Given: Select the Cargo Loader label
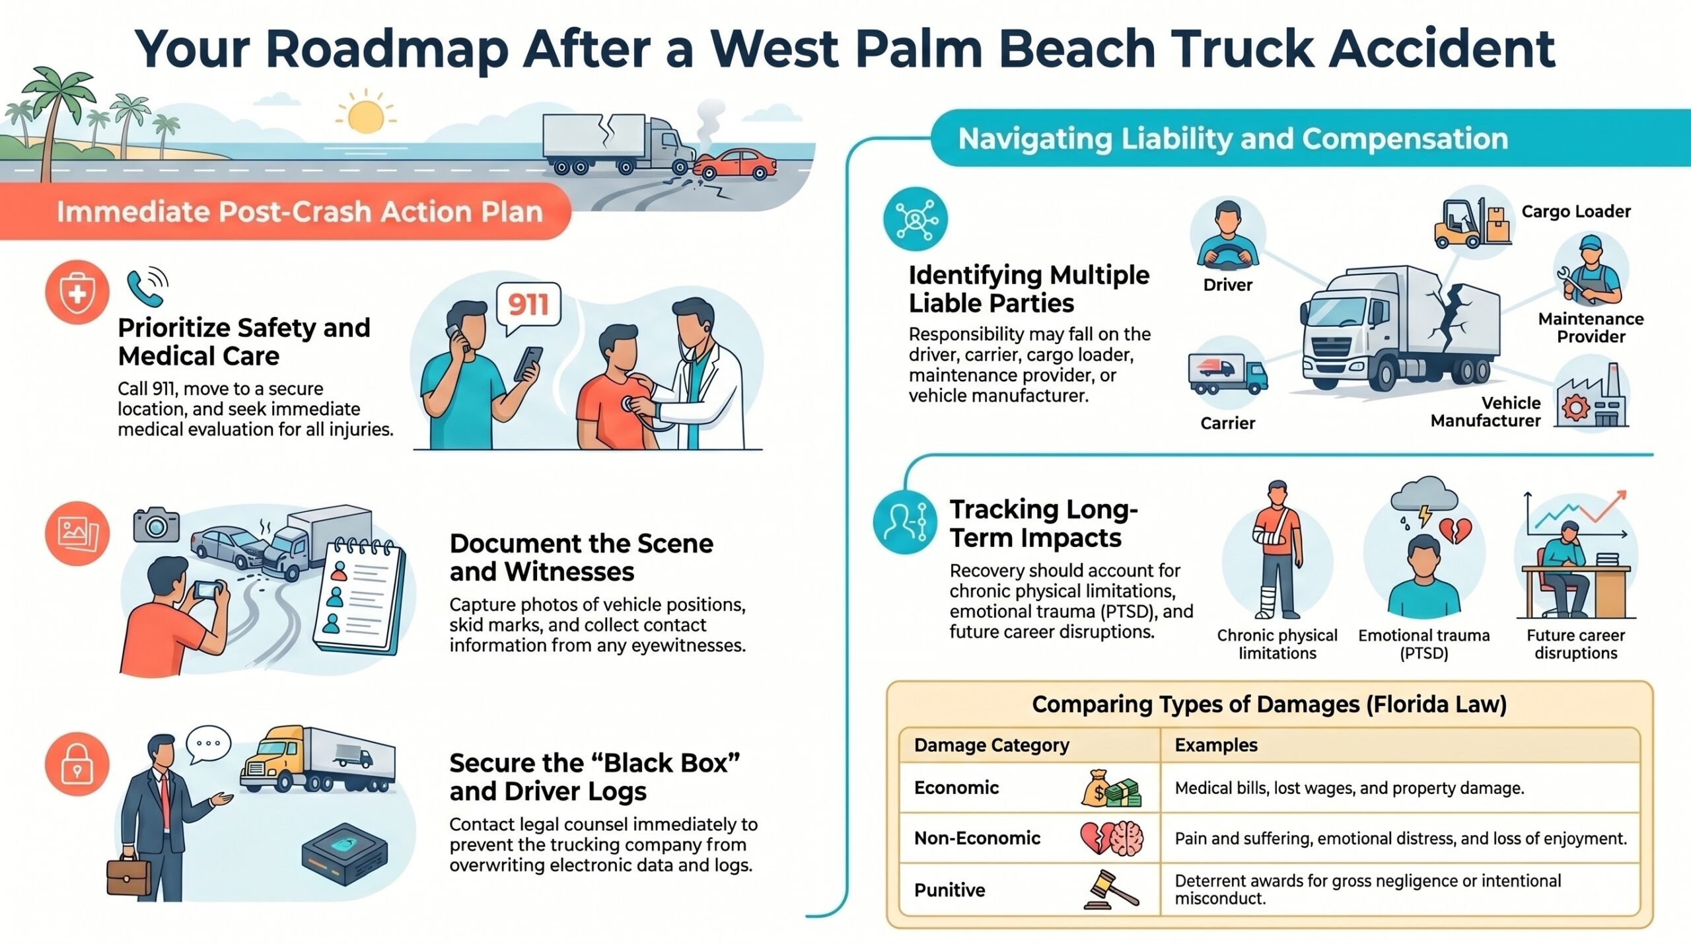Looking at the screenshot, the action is click(x=1576, y=211).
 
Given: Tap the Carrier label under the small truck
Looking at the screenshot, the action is click(x=1227, y=423).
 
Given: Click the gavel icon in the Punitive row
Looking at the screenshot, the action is click(x=1111, y=889).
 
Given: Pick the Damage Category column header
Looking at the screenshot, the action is click(x=991, y=745).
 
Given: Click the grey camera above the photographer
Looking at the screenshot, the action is click(x=156, y=525).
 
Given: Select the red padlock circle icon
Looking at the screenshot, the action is click(x=77, y=764).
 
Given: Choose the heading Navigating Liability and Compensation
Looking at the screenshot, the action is click(x=1233, y=139).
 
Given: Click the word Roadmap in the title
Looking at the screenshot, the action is click(x=387, y=49).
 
